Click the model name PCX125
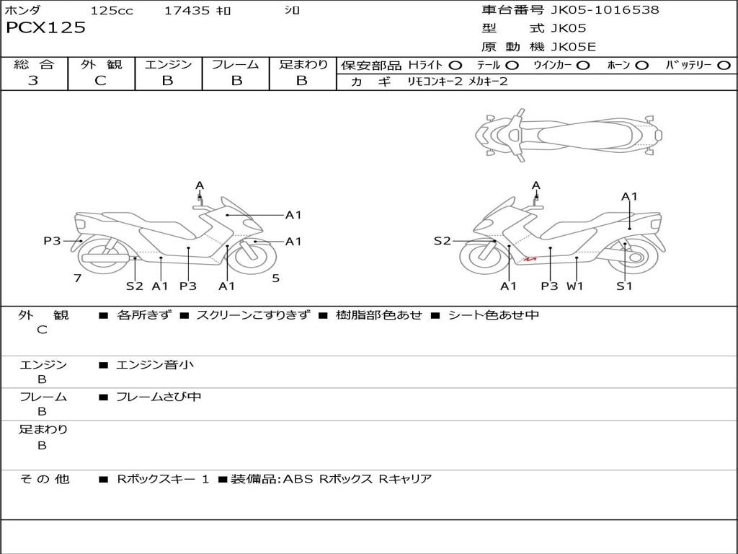[x=45, y=28]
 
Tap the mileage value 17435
[x=187, y=11]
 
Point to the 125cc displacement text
[x=112, y=11]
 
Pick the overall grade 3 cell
[x=33, y=81]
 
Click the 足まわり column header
[x=303, y=65]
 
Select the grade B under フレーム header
[x=236, y=81]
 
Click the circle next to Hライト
[x=455, y=66]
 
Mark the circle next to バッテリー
[x=724, y=66]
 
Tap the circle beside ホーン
[x=641, y=66]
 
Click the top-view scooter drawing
[x=568, y=134]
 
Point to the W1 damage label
[x=574, y=286]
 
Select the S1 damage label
[x=624, y=286]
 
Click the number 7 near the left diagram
[x=77, y=278]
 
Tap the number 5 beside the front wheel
[x=275, y=278]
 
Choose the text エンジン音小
[x=155, y=365]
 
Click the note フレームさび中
[x=159, y=397]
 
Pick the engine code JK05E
[x=574, y=47]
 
